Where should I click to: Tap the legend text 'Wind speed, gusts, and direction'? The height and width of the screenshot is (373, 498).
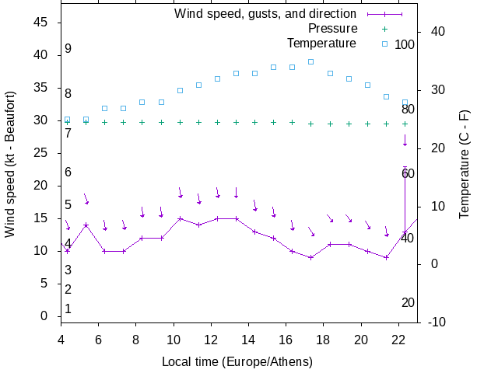[265, 14]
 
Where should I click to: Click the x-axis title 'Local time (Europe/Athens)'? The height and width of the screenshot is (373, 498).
[237, 361]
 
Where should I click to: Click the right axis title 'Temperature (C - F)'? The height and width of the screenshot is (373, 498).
[465, 163]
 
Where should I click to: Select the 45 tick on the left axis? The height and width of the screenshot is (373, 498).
[43, 23]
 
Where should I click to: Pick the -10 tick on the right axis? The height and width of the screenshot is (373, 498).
[435, 322]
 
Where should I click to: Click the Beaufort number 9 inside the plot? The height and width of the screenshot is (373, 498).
[68, 49]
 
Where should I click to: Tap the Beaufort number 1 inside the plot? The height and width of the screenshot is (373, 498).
[68, 309]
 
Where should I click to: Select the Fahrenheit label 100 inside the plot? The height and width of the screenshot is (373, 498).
[405, 45]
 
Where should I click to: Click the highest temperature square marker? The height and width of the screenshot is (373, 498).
[310, 61]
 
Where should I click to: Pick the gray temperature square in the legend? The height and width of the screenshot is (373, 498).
[384, 43]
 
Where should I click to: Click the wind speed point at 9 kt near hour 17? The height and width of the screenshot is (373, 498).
[310, 257]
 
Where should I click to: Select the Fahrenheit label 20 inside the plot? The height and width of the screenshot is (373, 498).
[408, 303]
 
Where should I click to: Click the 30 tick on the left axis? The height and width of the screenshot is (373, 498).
[43, 120]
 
